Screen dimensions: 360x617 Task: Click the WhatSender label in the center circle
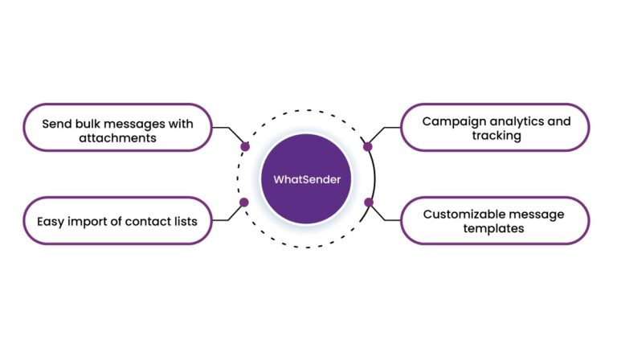pyautogui.click(x=308, y=180)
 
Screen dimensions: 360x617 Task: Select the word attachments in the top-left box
pyautogui.click(x=117, y=137)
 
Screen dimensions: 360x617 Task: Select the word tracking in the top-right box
pyautogui.click(x=496, y=137)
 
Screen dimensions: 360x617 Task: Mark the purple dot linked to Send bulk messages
pyautogui.click(x=245, y=147)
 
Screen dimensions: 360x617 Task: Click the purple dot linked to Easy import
pyautogui.click(x=244, y=202)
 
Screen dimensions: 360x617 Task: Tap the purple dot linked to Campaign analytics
pyautogui.click(x=368, y=147)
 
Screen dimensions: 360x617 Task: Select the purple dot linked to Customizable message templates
pyautogui.click(x=368, y=202)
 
